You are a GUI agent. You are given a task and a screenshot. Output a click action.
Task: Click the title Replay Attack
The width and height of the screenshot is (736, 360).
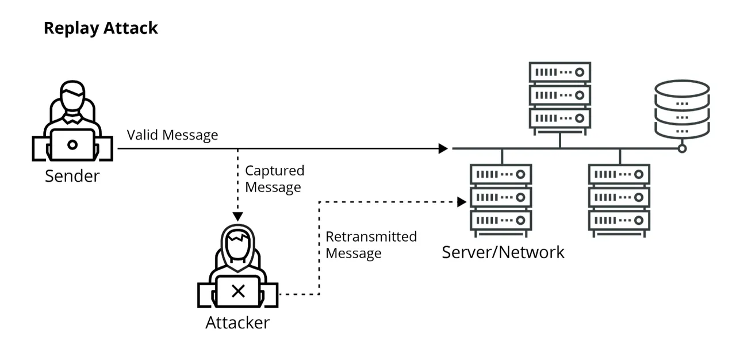(101, 28)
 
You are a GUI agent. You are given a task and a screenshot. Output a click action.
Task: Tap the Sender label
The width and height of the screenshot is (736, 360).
(72, 175)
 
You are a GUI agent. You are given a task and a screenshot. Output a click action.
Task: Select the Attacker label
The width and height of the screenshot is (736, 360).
(237, 323)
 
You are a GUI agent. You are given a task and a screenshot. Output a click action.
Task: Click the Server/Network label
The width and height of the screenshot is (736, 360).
(503, 252)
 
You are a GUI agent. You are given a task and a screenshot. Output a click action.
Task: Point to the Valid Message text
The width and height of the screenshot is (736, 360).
(172, 135)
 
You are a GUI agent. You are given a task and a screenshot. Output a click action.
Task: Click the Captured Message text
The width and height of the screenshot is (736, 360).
(274, 179)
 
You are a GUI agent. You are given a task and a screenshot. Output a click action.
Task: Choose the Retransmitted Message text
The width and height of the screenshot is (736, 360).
(371, 244)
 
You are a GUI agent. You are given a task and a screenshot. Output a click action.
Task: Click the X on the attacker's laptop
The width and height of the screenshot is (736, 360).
(237, 291)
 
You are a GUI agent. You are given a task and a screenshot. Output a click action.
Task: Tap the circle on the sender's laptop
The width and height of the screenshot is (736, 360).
(72, 144)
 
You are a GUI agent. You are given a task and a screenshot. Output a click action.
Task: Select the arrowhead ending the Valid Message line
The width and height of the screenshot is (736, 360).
(443, 148)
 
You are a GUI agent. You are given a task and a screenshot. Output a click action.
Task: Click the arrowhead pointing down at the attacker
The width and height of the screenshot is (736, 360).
(237, 216)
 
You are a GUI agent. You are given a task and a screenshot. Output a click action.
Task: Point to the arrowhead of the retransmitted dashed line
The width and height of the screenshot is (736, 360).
(461, 202)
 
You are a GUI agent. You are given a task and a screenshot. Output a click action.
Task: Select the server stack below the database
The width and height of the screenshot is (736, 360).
(619, 197)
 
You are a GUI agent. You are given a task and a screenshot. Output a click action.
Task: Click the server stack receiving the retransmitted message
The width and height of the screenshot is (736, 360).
(501, 197)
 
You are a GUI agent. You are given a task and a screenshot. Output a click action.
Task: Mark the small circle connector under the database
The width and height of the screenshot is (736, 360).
(682, 148)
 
